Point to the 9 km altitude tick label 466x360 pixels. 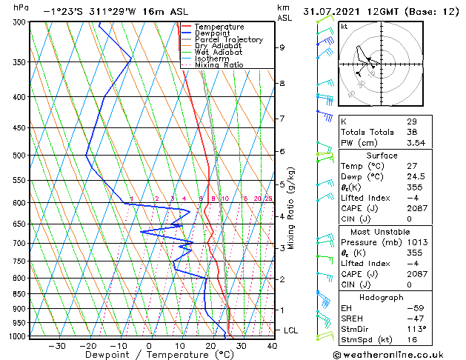[x=282, y=47]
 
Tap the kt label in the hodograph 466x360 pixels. [x=344, y=26]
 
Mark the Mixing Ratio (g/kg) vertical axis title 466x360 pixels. [x=291, y=208]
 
